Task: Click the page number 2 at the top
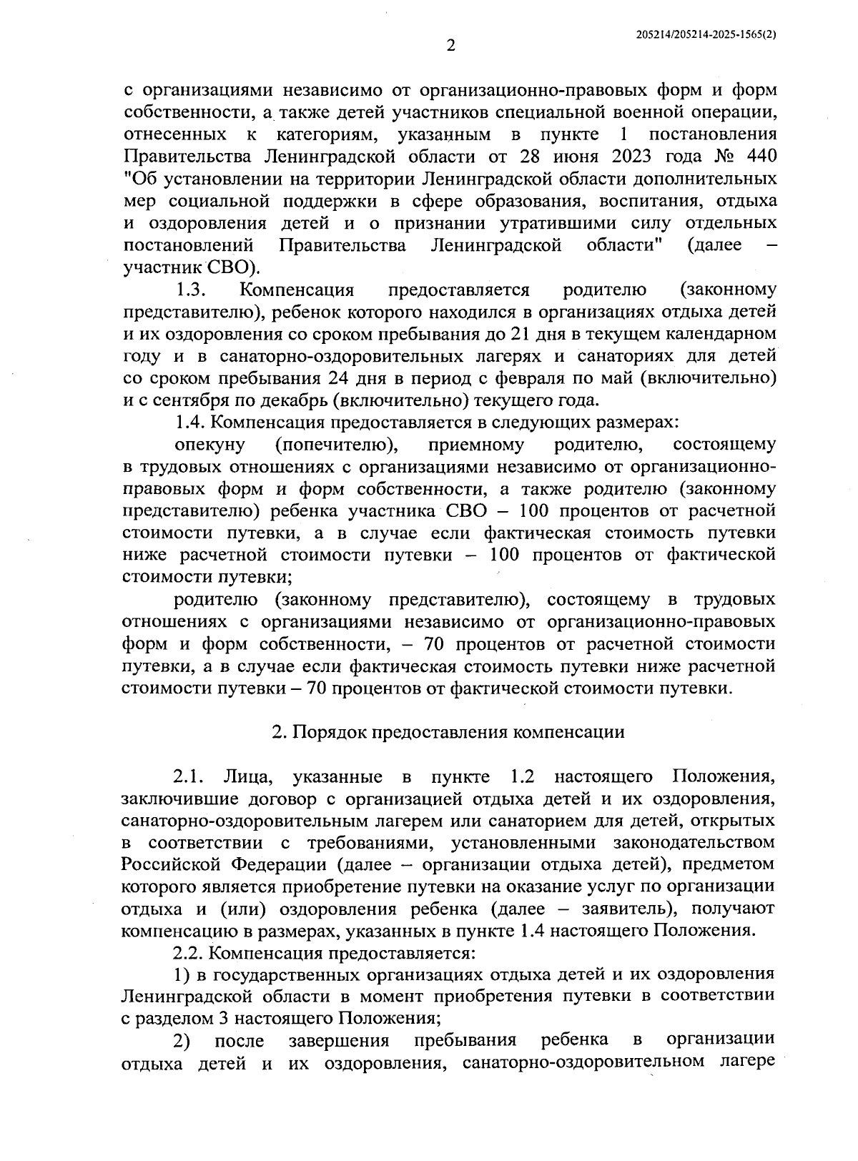pos(450,46)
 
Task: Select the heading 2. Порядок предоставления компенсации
pos(448,732)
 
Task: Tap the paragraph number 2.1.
pos(190,776)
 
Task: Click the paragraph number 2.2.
pos(190,953)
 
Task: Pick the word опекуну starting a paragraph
pos(209,445)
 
